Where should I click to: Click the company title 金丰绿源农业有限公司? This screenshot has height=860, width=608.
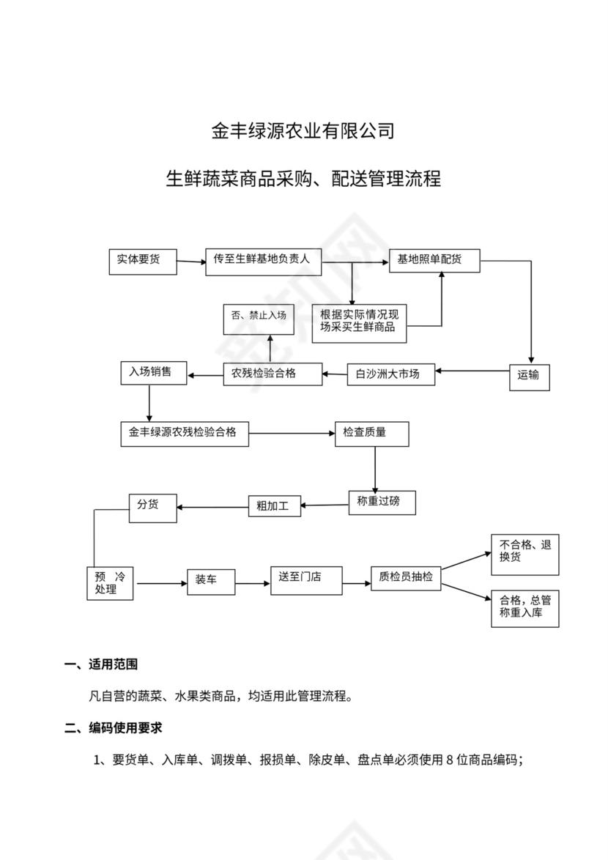point(303,132)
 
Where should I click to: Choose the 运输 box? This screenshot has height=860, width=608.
point(529,376)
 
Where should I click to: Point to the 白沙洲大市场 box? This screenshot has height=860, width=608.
point(390,374)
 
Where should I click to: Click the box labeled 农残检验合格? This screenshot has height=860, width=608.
point(273,374)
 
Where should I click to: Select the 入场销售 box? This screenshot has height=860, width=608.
point(153,373)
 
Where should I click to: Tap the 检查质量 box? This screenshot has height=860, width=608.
point(371,434)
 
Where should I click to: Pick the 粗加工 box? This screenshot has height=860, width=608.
point(274,505)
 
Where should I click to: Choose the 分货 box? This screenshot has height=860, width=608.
point(152,507)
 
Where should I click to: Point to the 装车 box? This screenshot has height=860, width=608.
point(210,582)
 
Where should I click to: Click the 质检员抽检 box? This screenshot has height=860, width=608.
point(407,579)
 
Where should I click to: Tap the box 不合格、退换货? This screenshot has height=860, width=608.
point(524,554)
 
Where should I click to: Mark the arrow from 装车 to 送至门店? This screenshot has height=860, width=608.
point(253,584)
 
